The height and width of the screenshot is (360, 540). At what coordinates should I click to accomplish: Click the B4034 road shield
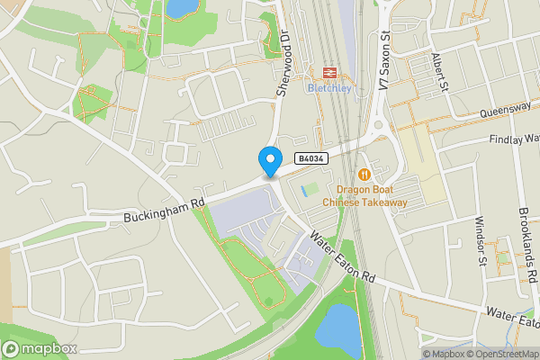coord(311,158)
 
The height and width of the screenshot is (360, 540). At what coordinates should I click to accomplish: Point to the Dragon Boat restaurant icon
coord(364,174)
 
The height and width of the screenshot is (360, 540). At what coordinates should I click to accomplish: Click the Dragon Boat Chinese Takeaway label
coord(372,195)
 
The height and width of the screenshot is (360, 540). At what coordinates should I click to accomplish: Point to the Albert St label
coord(440,73)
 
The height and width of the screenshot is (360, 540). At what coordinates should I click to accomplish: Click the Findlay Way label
coord(514,140)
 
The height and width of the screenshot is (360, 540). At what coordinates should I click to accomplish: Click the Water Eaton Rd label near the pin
coord(342,260)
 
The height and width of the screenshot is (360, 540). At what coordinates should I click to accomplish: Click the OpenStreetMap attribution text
coord(499,354)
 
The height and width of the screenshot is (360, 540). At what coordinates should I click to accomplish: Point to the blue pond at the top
coord(183,8)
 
